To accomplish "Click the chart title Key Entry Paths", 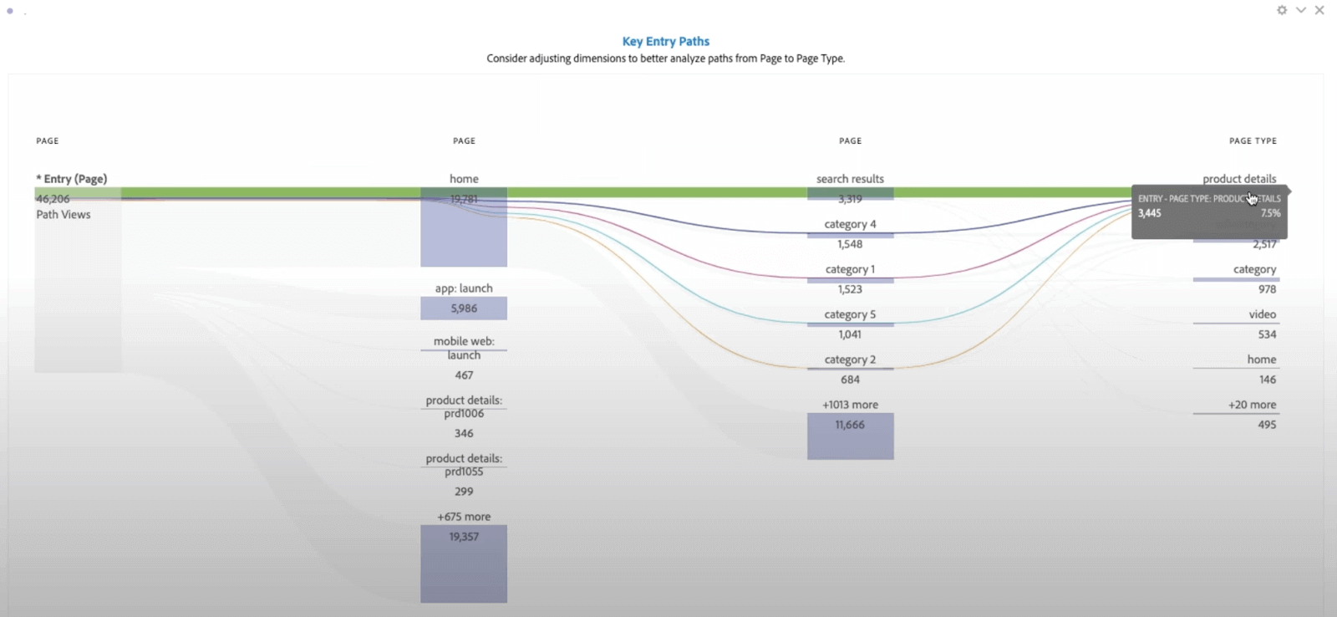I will pos(665,41).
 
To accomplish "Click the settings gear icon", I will pos(1282,10).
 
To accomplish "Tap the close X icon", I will pos(1319,10).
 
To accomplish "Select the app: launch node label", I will pos(464,288).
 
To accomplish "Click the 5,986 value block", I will pos(464,308).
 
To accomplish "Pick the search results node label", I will pos(850,179).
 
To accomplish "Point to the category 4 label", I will pos(850,224).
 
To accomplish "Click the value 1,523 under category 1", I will pos(850,289).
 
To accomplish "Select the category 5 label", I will pos(850,314).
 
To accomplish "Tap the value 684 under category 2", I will pos(850,380).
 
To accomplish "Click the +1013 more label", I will pos(850,405).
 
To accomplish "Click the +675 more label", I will pos(464,517).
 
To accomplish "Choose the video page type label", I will pos(1262,314).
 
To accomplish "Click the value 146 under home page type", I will pos(1267,380).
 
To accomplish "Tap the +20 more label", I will pos(1252,405).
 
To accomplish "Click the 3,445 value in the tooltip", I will pos(1150,213).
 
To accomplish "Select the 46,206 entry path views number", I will pos(53,199).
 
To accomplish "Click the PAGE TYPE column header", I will pos(1253,141).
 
